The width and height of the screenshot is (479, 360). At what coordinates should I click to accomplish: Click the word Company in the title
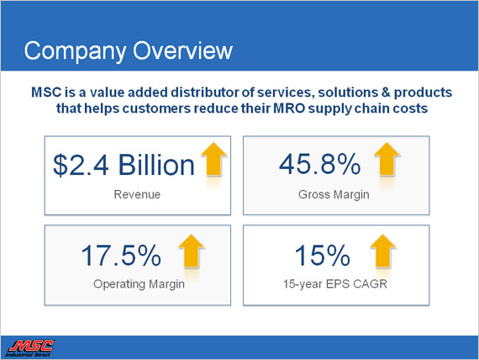[75, 51]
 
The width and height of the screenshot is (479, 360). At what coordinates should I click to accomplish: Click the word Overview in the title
[182, 50]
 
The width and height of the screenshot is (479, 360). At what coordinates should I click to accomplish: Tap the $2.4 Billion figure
[124, 165]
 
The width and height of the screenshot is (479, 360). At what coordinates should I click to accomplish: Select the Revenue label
[137, 194]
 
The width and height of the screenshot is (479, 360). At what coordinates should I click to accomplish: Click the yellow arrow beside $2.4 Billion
[213, 159]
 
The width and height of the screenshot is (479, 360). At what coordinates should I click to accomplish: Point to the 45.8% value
[320, 164]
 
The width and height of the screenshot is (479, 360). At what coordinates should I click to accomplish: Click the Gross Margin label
[334, 195]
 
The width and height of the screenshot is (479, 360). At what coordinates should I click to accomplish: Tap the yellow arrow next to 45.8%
[387, 159]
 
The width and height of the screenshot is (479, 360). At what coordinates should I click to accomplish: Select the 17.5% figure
[121, 255]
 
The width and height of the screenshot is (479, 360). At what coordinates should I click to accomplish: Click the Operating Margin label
[139, 284]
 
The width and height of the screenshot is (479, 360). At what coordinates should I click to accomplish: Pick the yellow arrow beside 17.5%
[192, 251]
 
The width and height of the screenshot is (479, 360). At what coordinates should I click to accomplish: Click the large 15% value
[323, 255]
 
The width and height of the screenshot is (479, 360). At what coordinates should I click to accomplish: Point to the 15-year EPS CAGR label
[335, 284]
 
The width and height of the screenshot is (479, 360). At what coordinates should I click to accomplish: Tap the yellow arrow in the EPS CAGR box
[382, 251]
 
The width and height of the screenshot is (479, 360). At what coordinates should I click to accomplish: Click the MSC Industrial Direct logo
[29, 348]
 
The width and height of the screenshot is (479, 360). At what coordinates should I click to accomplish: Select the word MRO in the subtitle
[289, 109]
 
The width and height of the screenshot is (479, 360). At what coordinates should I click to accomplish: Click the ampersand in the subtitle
[386, 93]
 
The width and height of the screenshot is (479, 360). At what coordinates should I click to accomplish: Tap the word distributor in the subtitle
[204, 93]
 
